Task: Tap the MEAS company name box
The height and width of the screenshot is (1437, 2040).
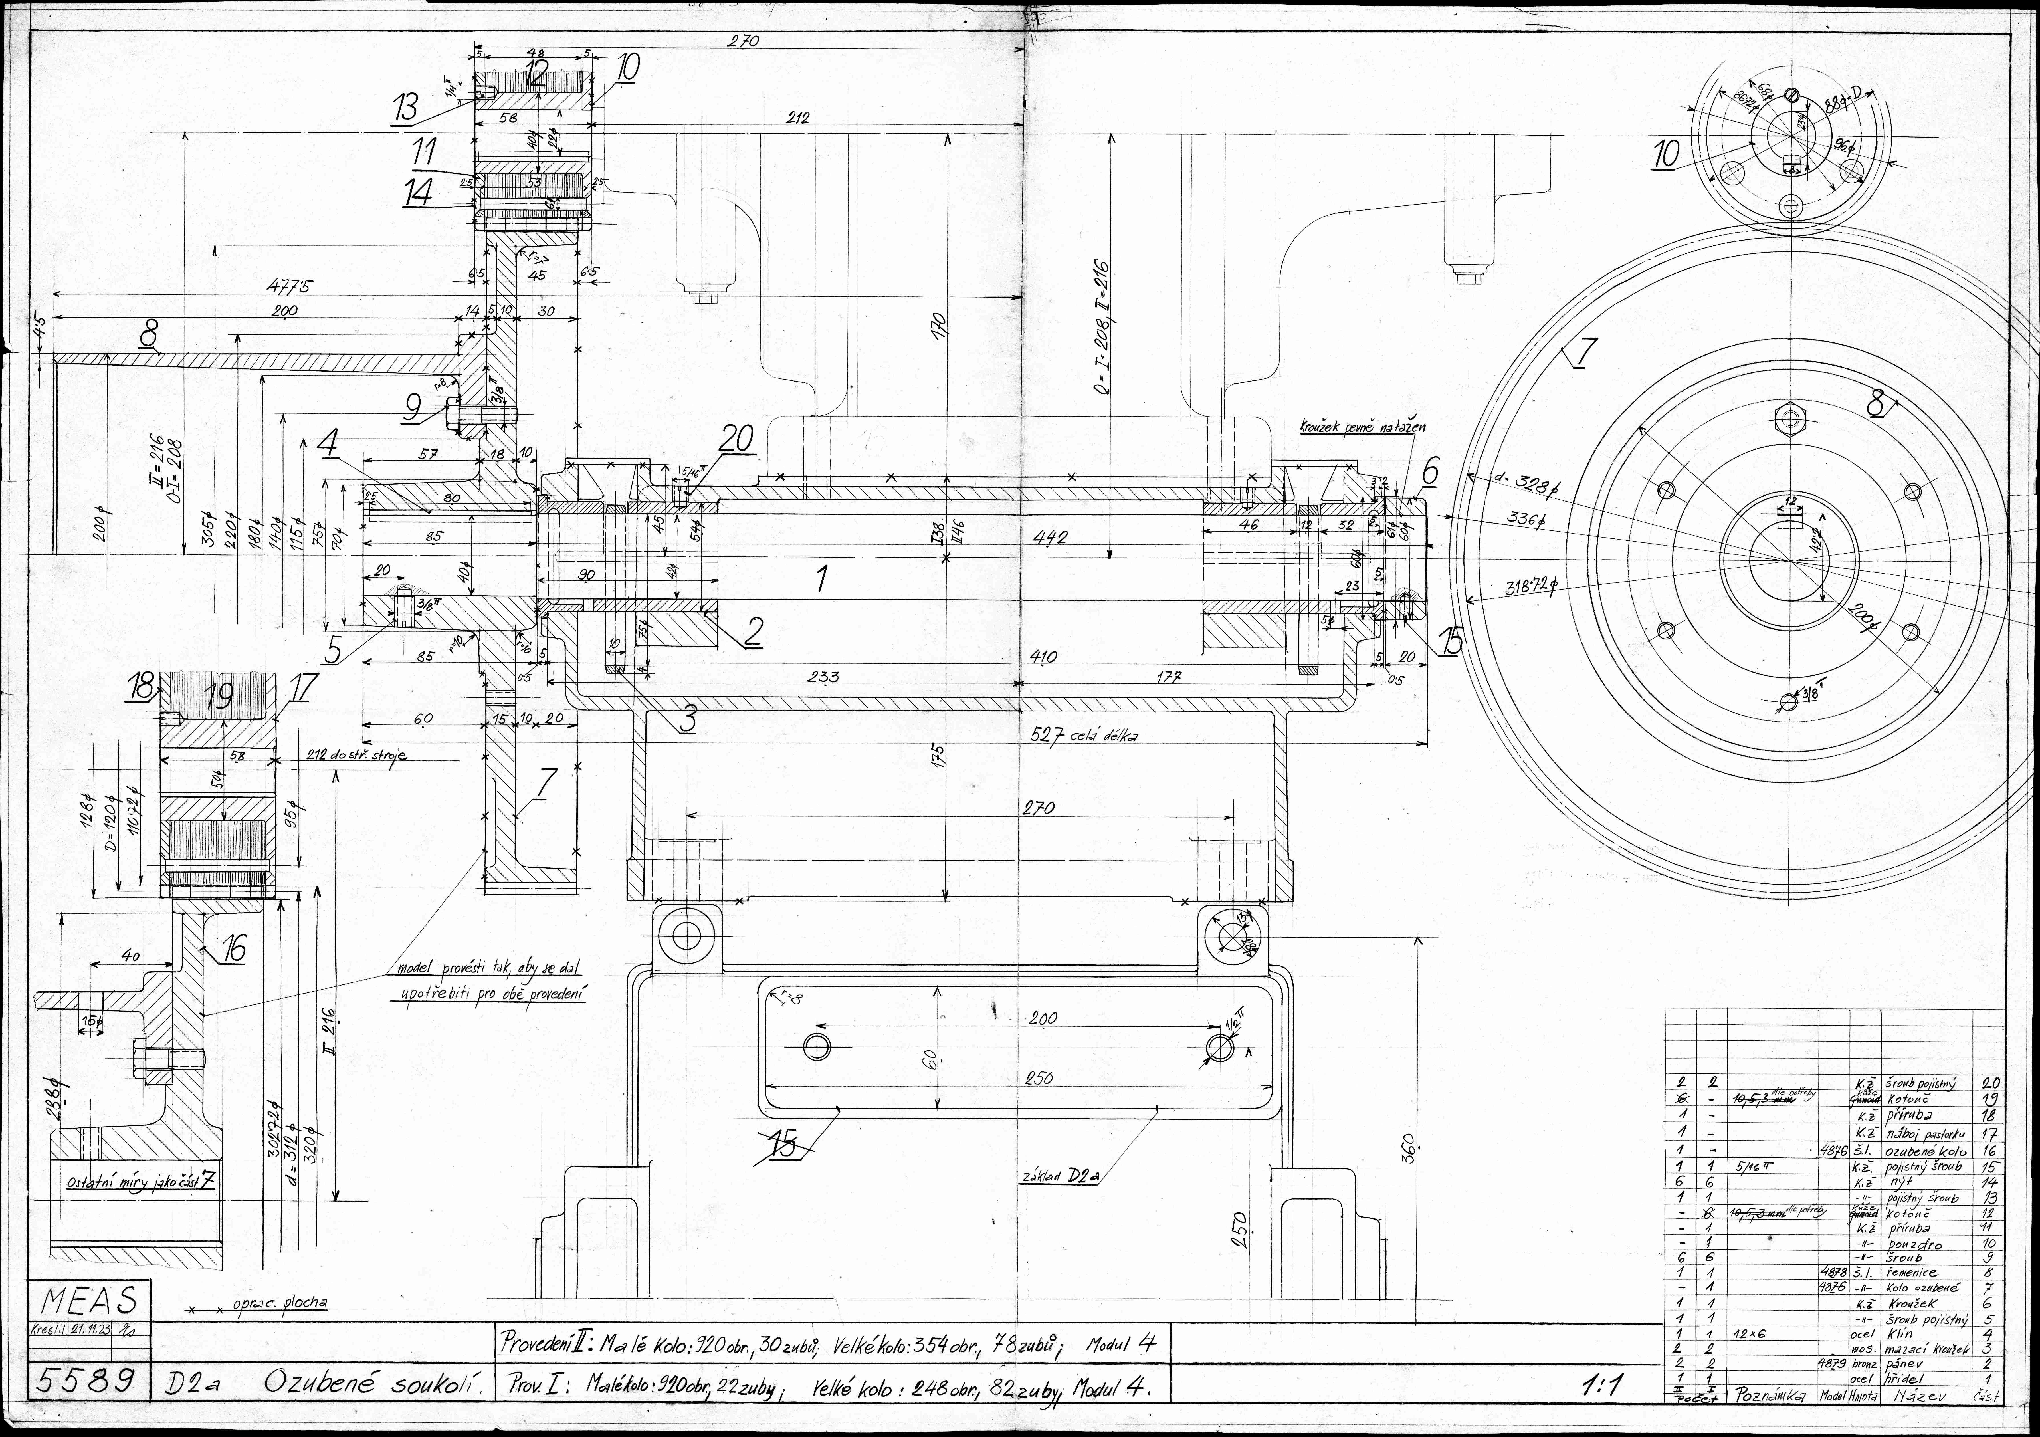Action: click(x=89, y=1302)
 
